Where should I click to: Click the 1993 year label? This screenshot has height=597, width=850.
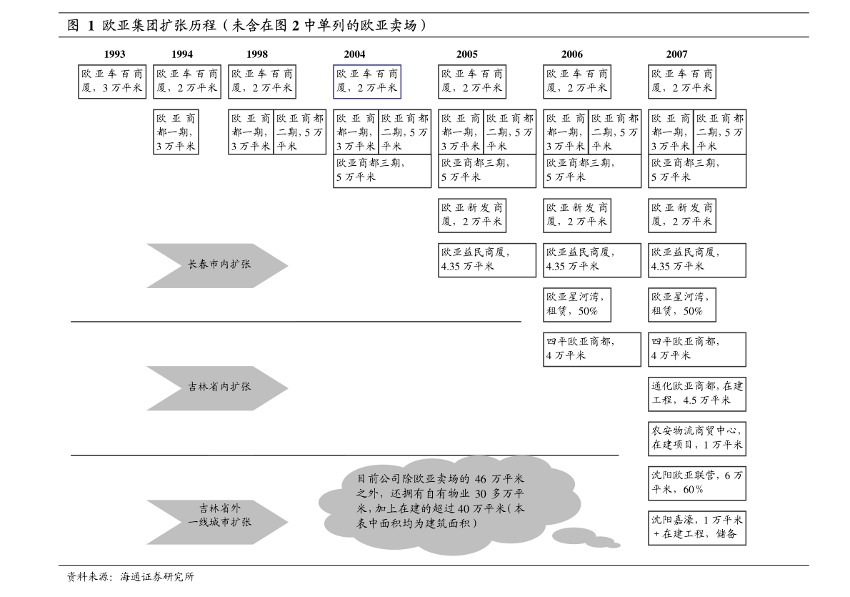tap(115, 54)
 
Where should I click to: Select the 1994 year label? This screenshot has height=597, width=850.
tap(182, 54)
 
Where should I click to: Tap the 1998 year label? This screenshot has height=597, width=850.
tap(257, 54)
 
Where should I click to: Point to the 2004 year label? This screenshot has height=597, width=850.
tap(354, 54)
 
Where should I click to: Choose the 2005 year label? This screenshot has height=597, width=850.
tap(467, 54)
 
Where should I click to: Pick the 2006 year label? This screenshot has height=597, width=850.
tap(572, 54)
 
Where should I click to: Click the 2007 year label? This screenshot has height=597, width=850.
tap(677, 54)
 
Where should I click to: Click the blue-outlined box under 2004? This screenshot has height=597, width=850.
tap(367, 82)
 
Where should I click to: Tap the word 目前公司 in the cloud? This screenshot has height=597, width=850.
tap(378, 479)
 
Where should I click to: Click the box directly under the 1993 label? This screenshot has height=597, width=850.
tap(112, 82)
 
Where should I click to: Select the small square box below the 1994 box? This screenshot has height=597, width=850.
tap(176, 132)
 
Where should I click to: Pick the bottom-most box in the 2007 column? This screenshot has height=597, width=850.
tap(697, 528)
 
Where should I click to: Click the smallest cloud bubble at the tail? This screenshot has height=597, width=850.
tap(614, 546)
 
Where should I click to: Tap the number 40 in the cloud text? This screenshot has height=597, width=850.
tap(463, 509)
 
